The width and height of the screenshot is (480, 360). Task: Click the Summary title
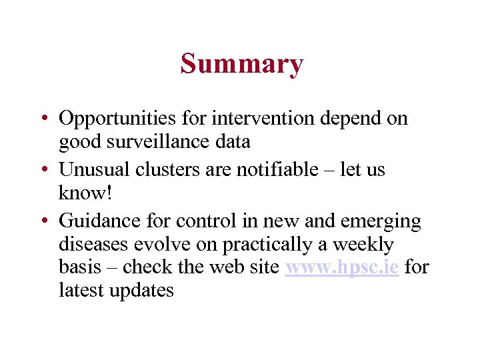click(x=241, y=64)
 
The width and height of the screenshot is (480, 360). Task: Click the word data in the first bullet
click(x=232, y=141)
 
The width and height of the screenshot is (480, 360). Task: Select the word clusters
click(x=159, y=170)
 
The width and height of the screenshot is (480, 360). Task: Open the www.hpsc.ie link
click(x=341, y=267)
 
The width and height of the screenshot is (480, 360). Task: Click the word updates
click(x=142, y=291)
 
